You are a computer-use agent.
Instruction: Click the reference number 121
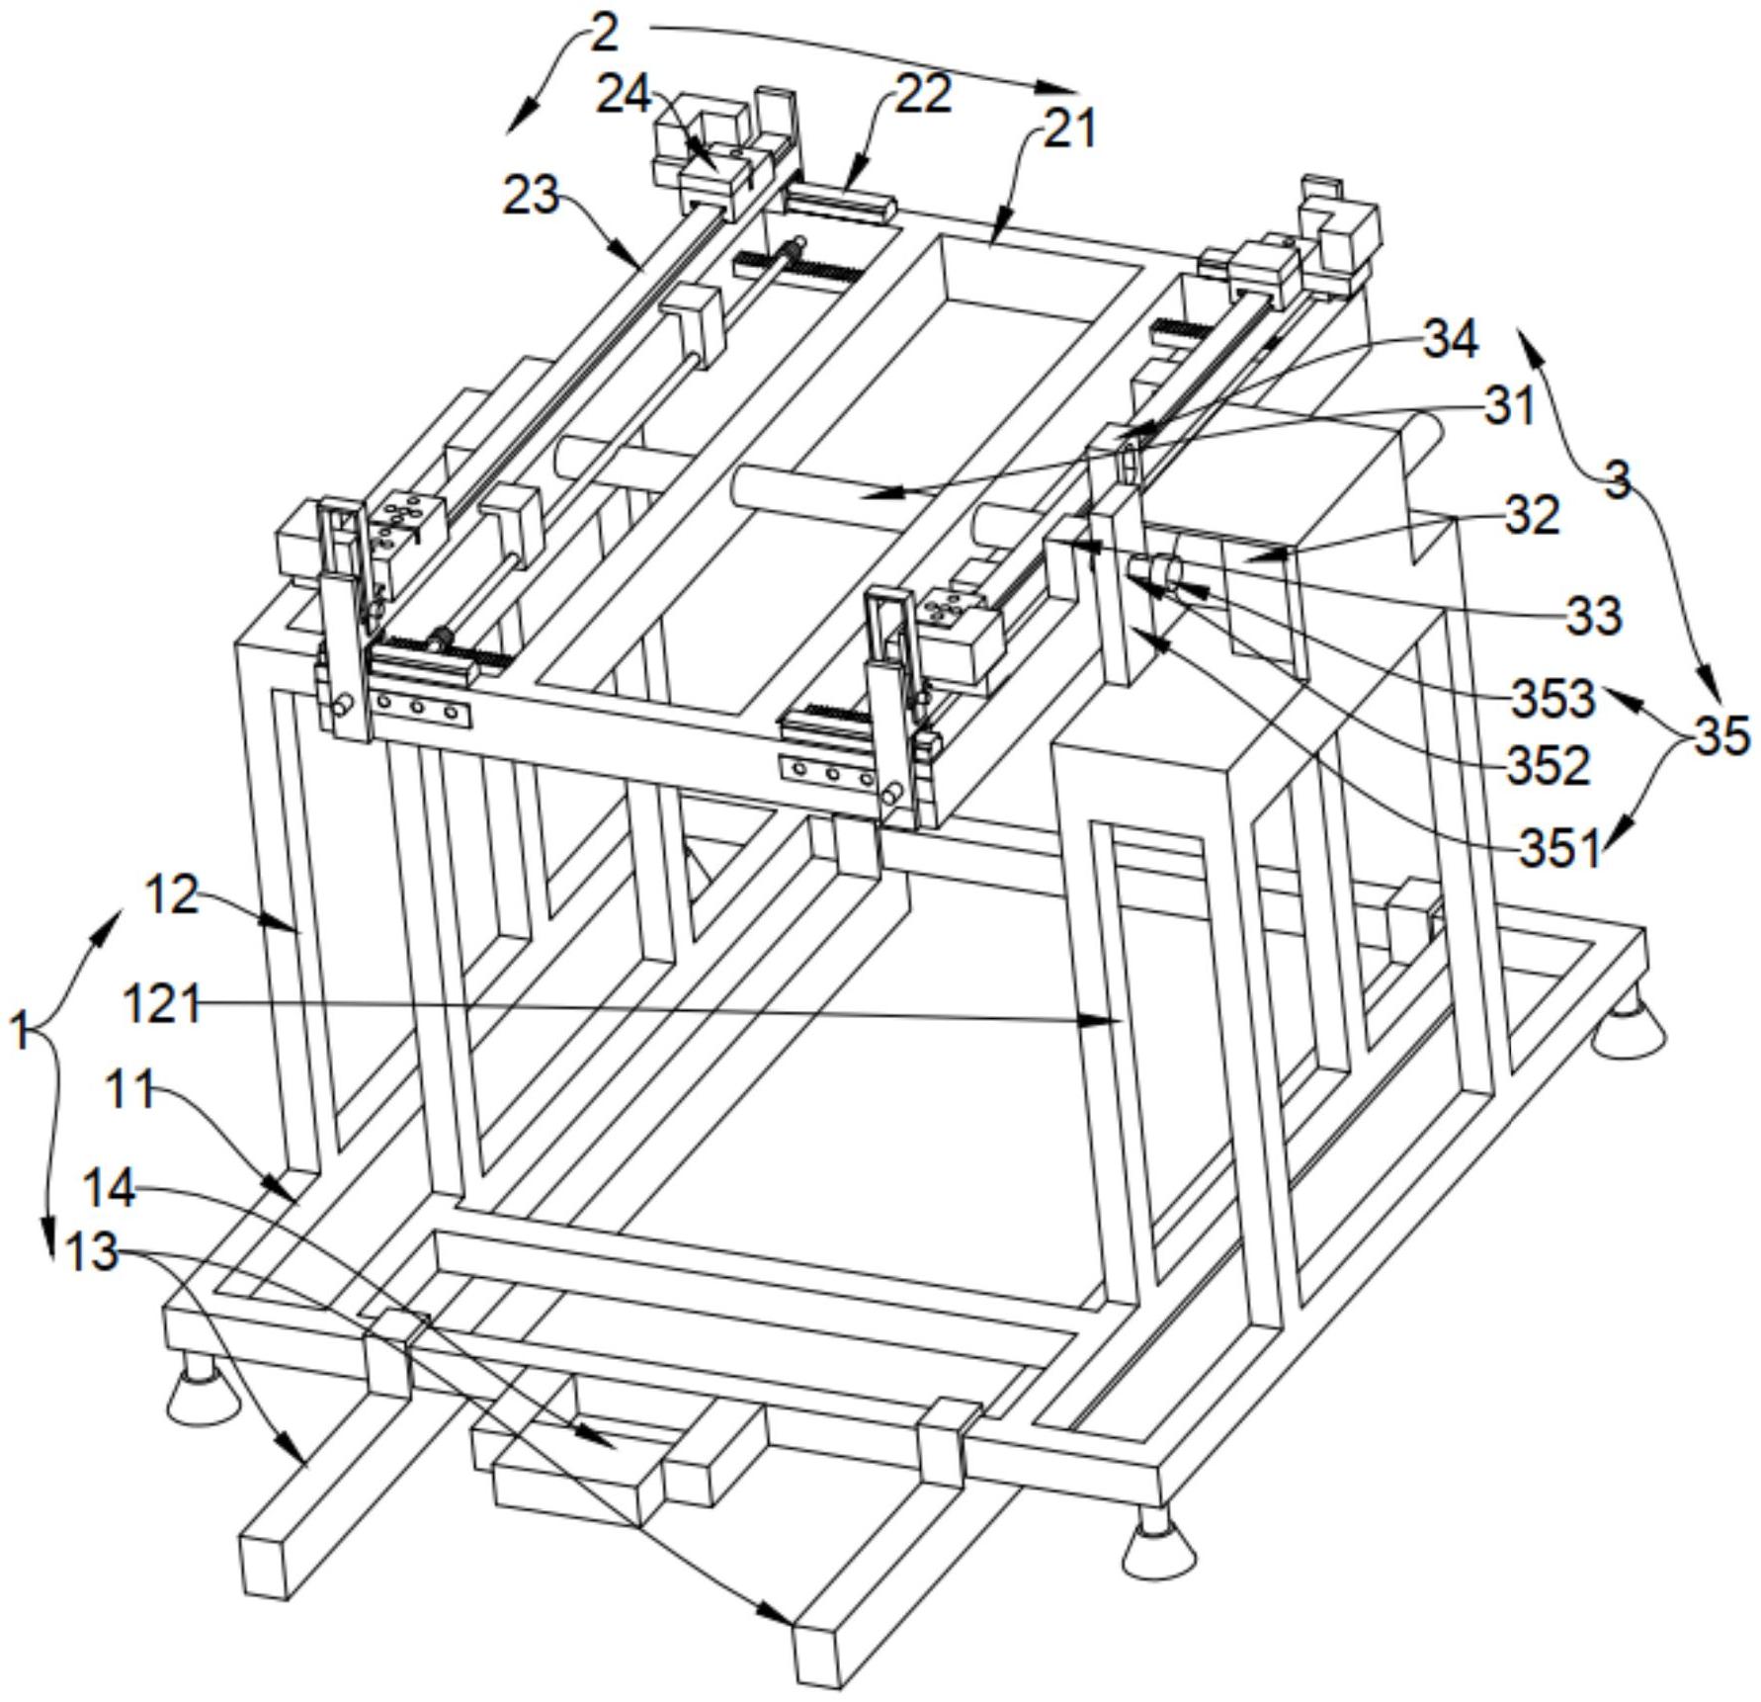[x=162, y=1006]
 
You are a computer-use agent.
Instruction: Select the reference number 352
[x=1548, y=765]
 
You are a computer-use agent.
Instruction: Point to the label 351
[x=1558, y=848]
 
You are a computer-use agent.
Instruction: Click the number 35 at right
[x=1721, y=736]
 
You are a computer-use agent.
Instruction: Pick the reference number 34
[x=1450, y=340]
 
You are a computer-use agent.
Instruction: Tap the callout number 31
[x=1509, y=406]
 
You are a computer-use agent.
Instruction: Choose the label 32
[x=1532, y=515]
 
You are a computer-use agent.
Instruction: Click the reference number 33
[x=1594, y=616]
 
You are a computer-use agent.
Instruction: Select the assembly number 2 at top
[x=605, y=32]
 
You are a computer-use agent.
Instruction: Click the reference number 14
[x=109, y=1189]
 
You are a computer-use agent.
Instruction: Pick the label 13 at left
[x=91, y=1253]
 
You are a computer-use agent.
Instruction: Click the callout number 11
[x=130, y=1092]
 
